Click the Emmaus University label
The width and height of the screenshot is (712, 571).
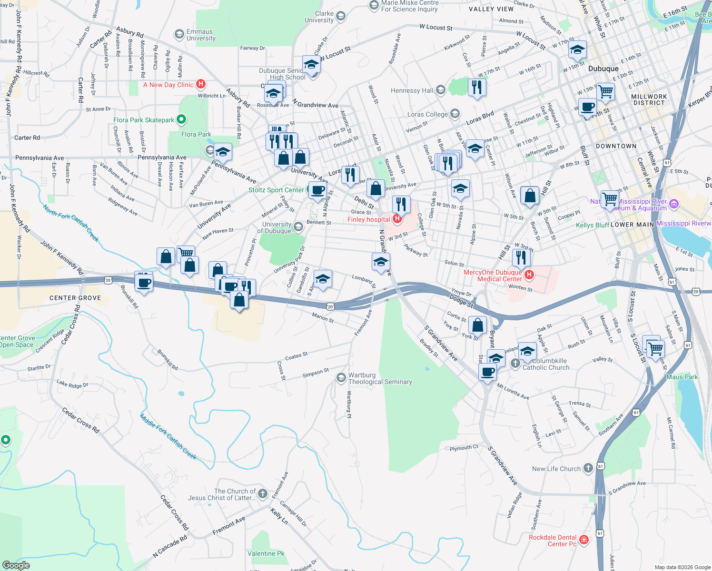(x=201, y=35)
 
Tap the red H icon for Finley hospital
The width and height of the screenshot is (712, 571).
(x=397, y=219)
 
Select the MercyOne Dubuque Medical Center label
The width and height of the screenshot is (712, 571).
(x=493, y=276)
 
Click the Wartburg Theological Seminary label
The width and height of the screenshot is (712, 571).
(x=380, y=379)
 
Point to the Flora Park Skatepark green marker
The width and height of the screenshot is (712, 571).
(x=181, y=119)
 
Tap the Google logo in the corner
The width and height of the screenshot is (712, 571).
(x=16, y=565)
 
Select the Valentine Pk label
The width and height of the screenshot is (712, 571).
(x=266, y=553)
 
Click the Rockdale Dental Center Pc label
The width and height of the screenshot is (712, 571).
(x=553, y=541)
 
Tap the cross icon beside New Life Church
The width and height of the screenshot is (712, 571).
(x=588, y=468)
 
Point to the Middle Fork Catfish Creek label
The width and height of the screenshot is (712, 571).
(x=168, y=436)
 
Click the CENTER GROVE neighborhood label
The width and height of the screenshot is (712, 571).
(x=75, y=298)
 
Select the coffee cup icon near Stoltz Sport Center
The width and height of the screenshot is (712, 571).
(x=318, y=190)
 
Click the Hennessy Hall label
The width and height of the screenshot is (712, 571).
(x=412, y=90)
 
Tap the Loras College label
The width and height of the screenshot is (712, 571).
(x=427, y=114)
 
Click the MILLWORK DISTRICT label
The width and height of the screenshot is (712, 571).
(x=649, y=99)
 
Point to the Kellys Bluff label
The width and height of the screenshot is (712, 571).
(x=592, y=225)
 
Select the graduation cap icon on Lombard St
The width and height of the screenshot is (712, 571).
(x=323, y=279)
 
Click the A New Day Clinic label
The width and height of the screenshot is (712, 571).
(x=168, y=85)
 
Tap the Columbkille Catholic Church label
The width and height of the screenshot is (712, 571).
(x=546, y=364)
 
